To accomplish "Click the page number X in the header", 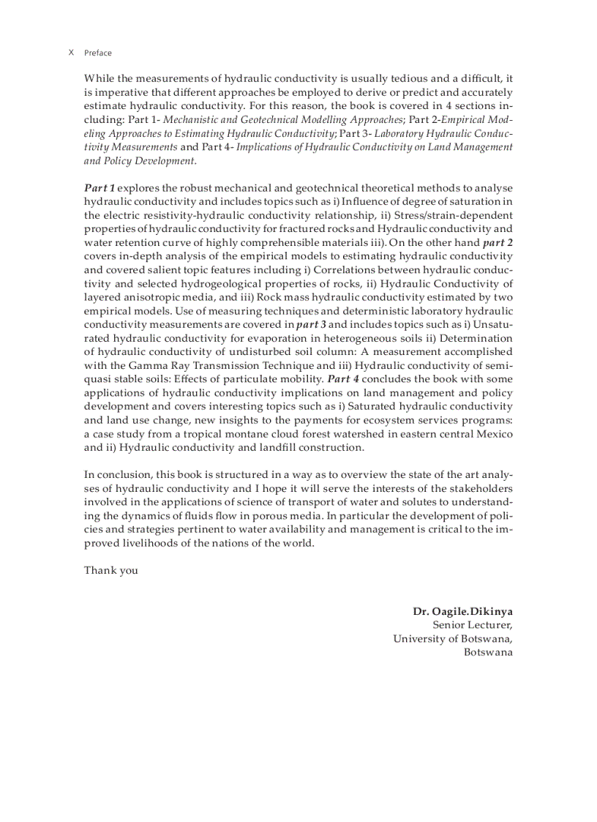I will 71,53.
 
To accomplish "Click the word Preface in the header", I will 98,53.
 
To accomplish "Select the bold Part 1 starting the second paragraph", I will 99,188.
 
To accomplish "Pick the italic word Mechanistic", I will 190,119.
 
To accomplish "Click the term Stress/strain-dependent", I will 454,215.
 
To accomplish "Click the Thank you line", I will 111,570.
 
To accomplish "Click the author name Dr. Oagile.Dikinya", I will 462,610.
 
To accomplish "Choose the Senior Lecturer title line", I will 473,624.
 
